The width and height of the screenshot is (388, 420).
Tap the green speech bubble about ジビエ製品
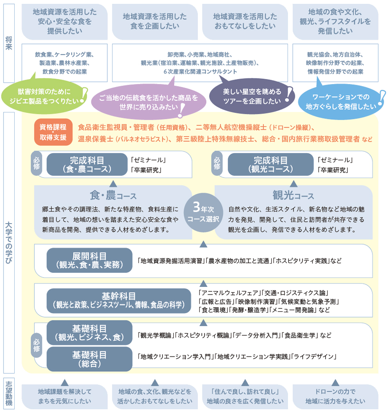point(45,96)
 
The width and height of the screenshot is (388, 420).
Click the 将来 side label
point(9,43)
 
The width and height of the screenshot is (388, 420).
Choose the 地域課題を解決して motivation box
point(65,396)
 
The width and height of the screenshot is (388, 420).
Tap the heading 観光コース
point(293,196)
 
